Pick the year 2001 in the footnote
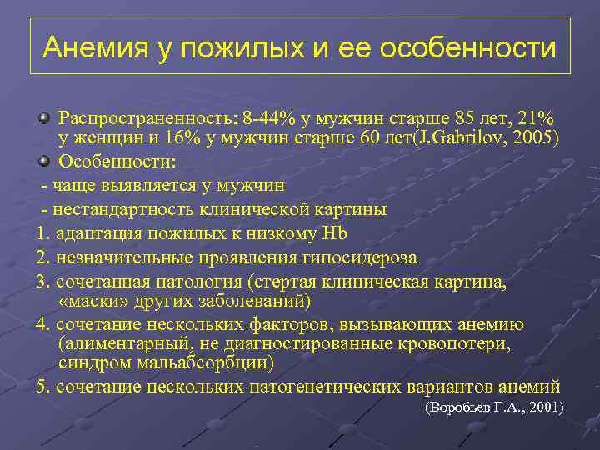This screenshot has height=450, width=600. [x=542, y=408]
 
